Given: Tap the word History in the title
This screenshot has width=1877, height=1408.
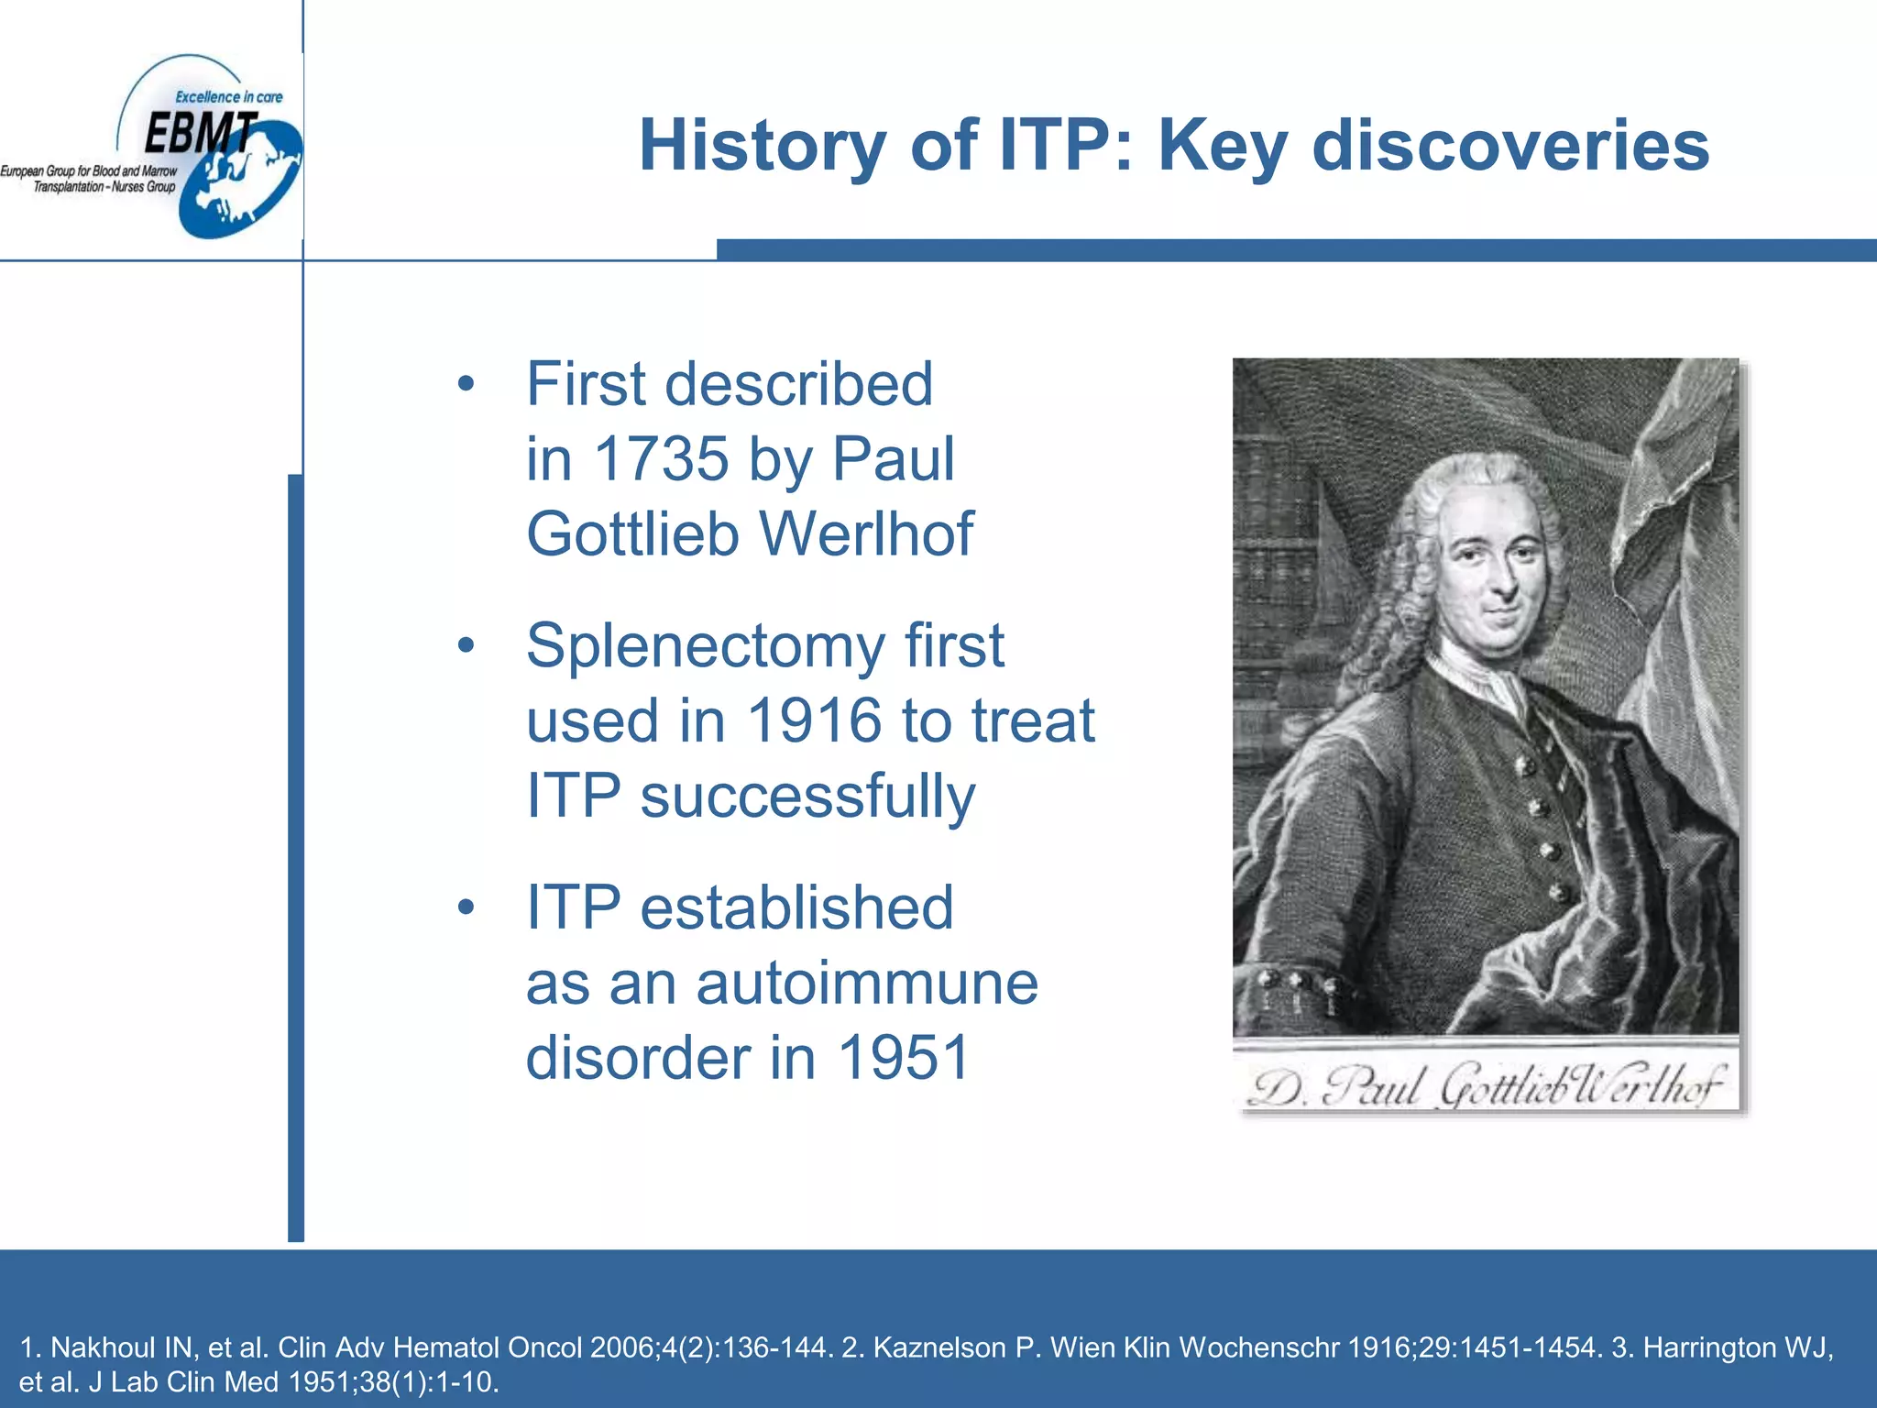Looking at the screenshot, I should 763,146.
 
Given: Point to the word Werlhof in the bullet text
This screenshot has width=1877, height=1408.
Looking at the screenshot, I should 866,533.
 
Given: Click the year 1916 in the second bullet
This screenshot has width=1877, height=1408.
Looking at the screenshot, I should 816,720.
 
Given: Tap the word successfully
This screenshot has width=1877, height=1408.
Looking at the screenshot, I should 807,796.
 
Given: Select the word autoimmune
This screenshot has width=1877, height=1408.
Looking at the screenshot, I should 867,983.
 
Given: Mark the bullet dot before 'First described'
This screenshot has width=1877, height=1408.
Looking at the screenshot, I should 467,384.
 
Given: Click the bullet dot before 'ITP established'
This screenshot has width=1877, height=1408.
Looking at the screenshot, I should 467,907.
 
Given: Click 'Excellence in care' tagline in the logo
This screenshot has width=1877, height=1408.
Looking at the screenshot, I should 229,97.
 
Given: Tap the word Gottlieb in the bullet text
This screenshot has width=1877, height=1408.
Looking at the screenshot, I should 633,533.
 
